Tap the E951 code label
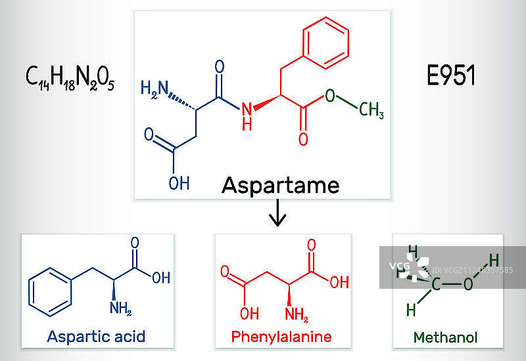pos(451,76)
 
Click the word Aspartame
pos(281,185)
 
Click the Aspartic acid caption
pos(96,337)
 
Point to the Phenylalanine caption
pos(281,337)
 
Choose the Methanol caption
pos(446,337)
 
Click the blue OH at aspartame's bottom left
pos(178,182)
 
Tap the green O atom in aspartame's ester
pos(329,96)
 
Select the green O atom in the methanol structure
pos(467,284)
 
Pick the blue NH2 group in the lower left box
pos(120,307)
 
